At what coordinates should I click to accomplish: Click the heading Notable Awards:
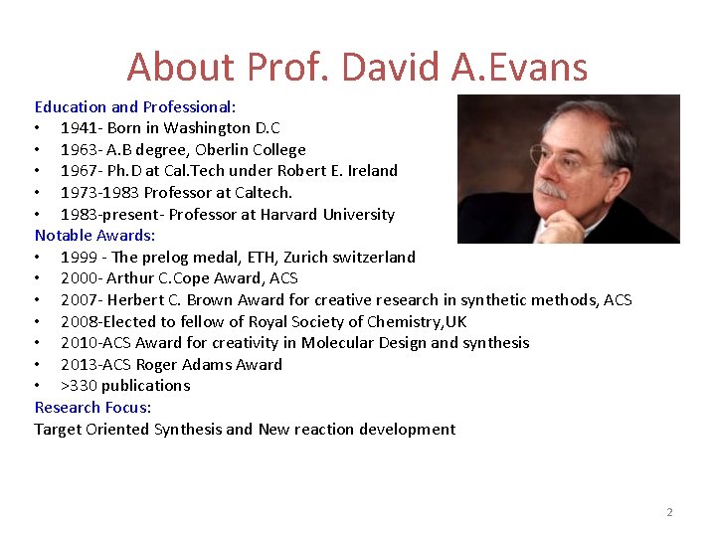[95, 236]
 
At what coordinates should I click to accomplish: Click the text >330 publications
[124, 386]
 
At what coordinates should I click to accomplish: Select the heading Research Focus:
[92, 408]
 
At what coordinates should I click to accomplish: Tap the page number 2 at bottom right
[669, 512]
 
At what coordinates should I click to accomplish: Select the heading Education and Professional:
[135, 106]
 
